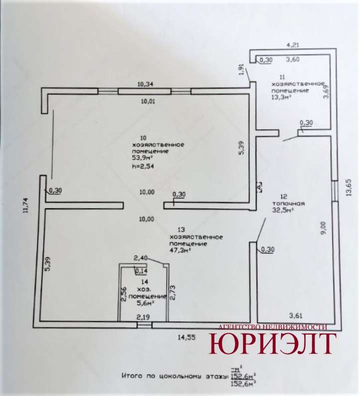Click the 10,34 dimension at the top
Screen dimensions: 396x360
(145, 84)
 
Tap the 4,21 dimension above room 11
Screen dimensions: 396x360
(293, 45)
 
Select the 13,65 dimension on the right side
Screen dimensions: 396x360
(349, 188)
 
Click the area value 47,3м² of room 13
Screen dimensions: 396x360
(181, 251)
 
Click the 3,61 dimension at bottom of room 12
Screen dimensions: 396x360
(297, 315)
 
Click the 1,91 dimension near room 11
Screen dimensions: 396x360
(242, 71)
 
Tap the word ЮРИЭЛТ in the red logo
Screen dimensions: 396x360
(272, 344)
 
